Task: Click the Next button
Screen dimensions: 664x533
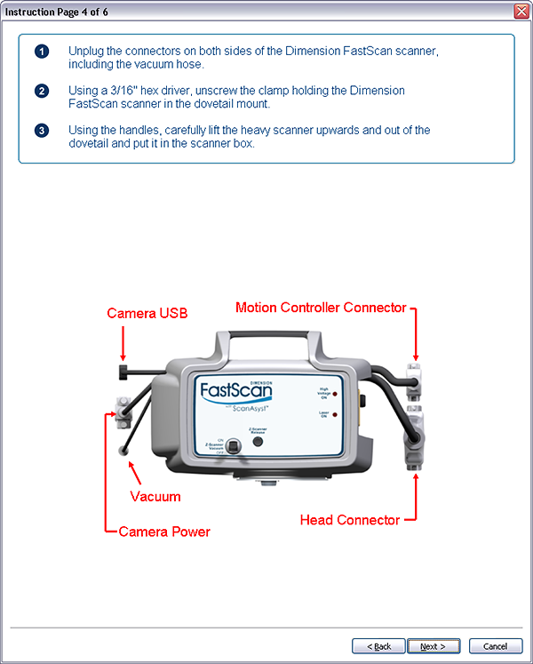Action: click(x=433, y=646)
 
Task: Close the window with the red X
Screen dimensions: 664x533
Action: click(x=521, y=11)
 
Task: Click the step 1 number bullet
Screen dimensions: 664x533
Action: click(x=42, y=51)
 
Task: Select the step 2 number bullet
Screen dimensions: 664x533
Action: click(x=42, y=91)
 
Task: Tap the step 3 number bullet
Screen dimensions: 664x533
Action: click(x=42, y=131)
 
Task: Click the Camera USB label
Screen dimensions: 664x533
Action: click(x=147, y=313)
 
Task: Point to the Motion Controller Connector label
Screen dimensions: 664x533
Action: click(x=321, y=308)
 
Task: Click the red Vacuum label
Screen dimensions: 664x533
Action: click(x=155, y=497)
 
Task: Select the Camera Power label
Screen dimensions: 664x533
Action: click(x=164, y=532)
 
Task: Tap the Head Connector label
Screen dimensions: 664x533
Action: click(x=350, y=520)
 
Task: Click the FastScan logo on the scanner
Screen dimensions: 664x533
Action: click(x=237, y=391)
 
